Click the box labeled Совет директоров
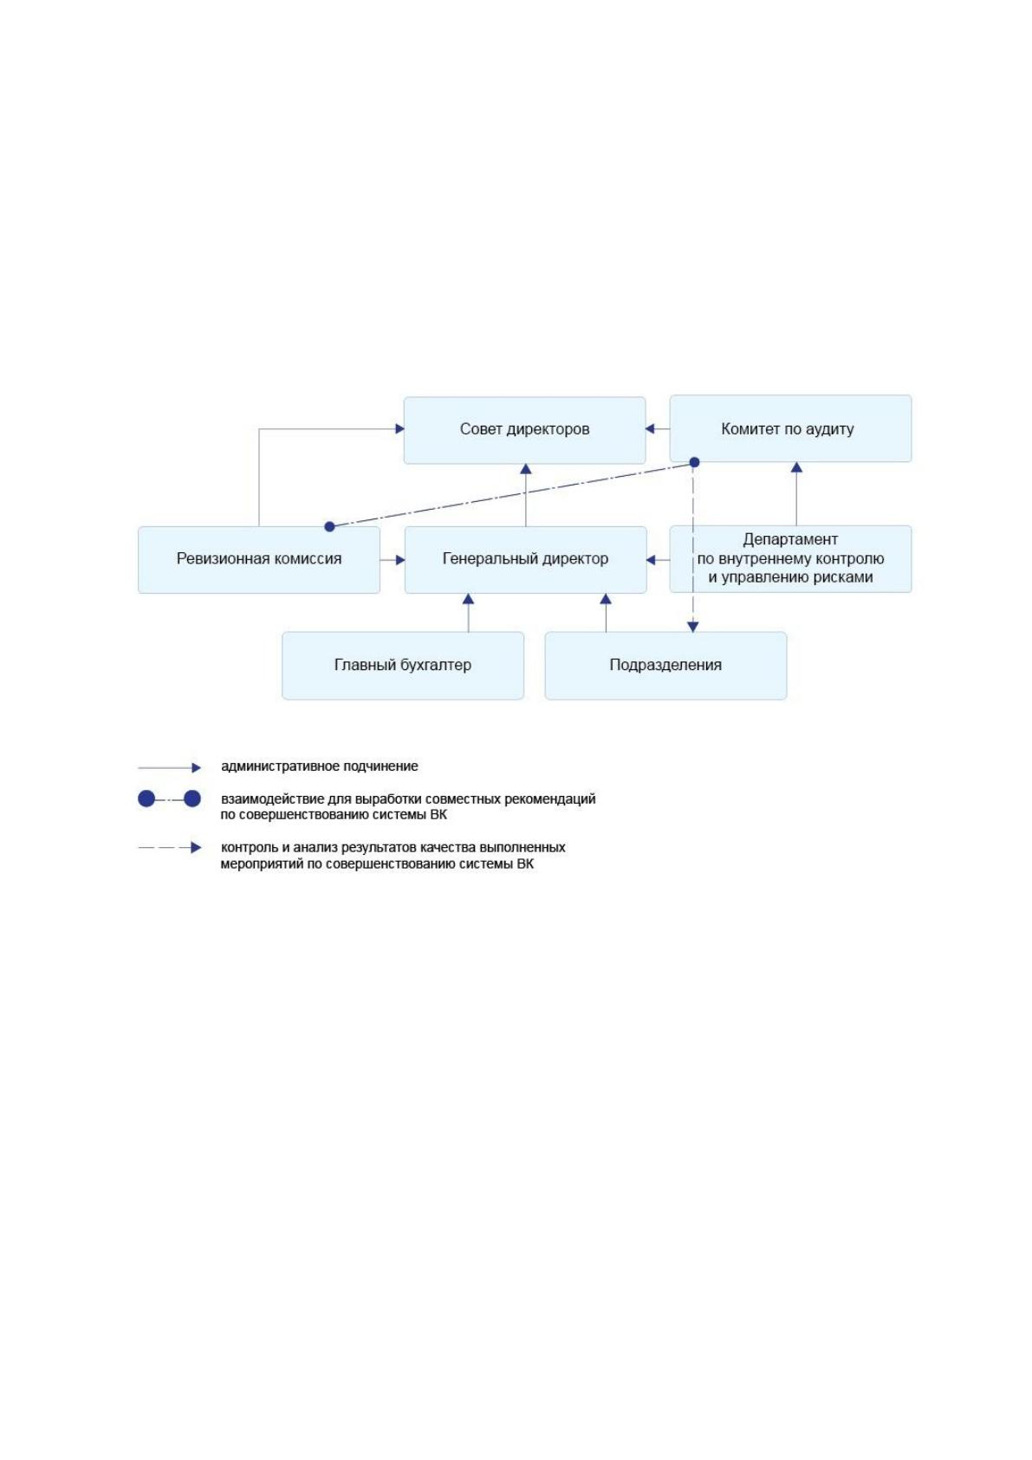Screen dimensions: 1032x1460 tap(524, 430)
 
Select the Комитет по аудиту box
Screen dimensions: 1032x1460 tap(790, 428)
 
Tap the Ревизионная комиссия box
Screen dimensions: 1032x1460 tap(259, 560)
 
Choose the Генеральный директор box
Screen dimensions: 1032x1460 tap(526, 560)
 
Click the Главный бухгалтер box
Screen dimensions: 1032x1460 tap(403, 666)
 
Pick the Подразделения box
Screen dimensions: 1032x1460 tap(665, 666)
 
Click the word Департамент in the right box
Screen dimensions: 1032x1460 tap(790, 539)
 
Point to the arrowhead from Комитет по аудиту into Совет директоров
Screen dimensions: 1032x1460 tap(650, 428)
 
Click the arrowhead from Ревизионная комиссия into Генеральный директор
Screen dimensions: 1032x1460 tap(400, 560)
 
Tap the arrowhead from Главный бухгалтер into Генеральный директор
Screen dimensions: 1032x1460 tap(468, 598)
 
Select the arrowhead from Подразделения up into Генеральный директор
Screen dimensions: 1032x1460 tap(606, 598)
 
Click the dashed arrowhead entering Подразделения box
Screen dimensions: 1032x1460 tap(693, 627)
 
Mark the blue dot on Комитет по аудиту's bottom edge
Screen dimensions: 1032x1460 tap(695, 462)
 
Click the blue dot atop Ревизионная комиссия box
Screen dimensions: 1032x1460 tap(329, 526)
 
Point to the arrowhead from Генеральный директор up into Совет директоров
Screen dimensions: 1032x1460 tap(526, 469)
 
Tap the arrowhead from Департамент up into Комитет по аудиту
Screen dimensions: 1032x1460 tap(796, 466)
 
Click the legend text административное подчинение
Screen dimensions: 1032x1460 tap(319, 766)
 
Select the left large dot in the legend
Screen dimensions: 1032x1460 tap(146, 798)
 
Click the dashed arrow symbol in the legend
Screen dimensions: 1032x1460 tap(170, 848)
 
